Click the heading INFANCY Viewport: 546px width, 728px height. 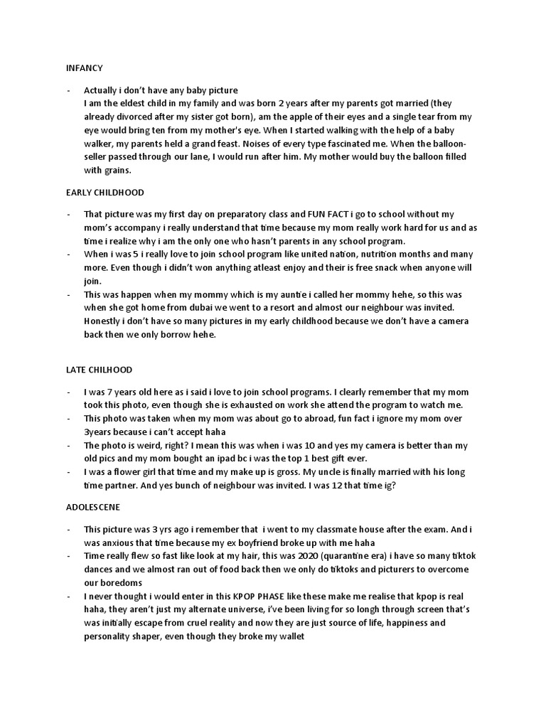pos(84,68)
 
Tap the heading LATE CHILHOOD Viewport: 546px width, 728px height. pos(99,370)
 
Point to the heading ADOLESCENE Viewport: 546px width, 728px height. pos(93,508)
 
